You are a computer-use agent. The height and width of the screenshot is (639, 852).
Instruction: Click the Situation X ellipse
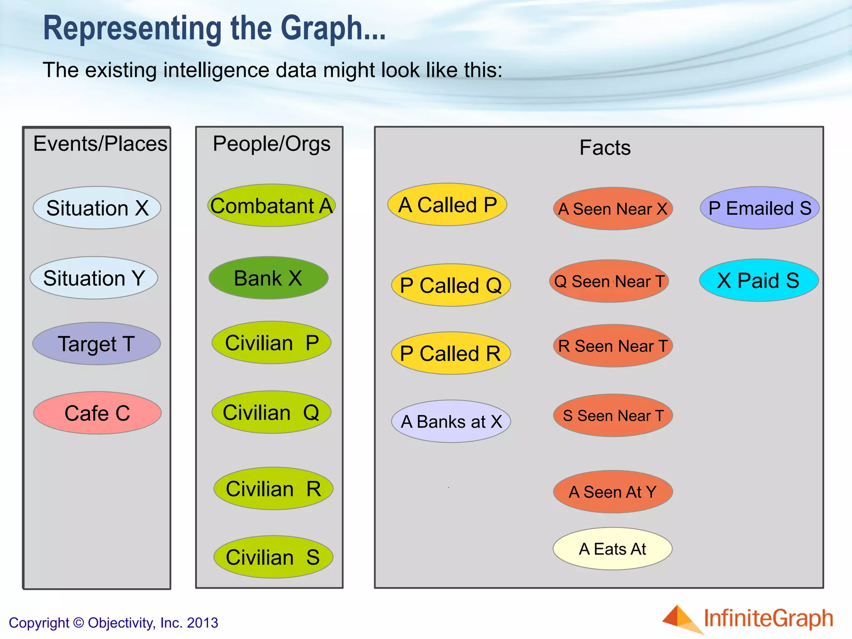click(x=97, y=208)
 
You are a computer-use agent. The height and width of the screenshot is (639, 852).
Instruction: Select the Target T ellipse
click(x=97, y=344)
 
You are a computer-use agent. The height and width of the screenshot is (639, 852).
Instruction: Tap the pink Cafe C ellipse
click(x=97, y=413)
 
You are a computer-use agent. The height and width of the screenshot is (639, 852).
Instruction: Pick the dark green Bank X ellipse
click(x=268, y=278)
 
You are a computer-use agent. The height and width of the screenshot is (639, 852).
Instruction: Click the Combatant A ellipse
click(x=272, y=206)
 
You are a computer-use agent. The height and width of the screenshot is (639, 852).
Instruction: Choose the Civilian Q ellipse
click(x=272, y=412)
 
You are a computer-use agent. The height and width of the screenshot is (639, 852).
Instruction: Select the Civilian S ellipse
click(x=273, y=557)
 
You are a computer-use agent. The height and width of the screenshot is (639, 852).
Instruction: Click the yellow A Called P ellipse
click(x=447, y=205)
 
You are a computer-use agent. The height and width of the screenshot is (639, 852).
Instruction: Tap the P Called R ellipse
click(x=451, y=353)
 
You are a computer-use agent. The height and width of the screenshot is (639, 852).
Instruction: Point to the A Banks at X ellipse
click(x=451, y=421)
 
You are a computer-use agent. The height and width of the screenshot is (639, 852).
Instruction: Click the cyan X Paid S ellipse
click(x=759, y=280)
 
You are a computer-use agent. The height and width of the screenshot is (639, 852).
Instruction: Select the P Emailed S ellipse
click(x=760, y=208)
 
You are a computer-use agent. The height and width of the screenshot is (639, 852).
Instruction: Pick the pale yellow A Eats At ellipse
click(x=612, y=549)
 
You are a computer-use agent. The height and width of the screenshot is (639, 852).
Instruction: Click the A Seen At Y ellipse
click(x=613, y=492)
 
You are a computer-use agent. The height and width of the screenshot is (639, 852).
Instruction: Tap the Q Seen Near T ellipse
click(x=609, y=281)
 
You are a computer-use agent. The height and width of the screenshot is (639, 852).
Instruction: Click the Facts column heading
click(x=605, y=147)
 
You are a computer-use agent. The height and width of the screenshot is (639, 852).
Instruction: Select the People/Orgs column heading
click(x=272, y=144)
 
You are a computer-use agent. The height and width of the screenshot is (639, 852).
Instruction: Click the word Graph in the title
click(x=322, y=28)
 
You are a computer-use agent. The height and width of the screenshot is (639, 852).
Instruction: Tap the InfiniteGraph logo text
click(x=768, y=618)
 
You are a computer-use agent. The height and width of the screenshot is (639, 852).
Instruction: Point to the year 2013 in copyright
click(x=203, y=623)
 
